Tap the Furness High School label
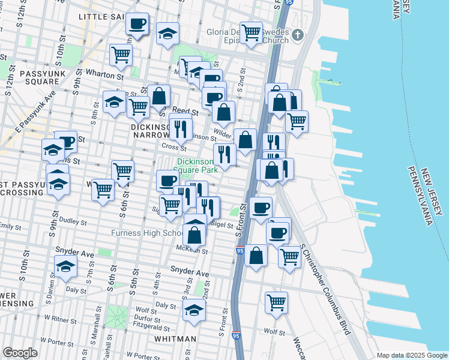pyautogui.click(x=147, y=233)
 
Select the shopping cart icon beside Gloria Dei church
pyautogui.click(x=251, y=32)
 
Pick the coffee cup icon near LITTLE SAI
pyautogui.click(x=137, y=24)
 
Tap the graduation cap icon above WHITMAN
pyautogui.click(x=194, y=310)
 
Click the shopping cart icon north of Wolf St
pyautogui.click(x=276, y=302)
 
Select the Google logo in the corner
pyautogui.click(x=20, y=353)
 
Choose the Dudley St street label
pyautogui.click(x=73, y=221)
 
